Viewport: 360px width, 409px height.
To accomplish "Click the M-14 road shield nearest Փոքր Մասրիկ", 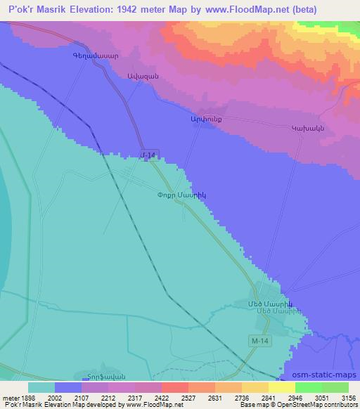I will point(148,155).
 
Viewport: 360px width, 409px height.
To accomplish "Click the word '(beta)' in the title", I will point(306,10).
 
